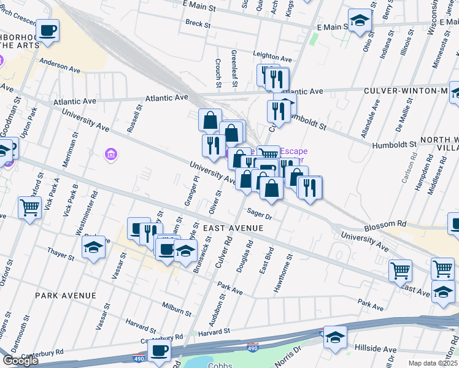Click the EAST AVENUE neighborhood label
tap(233, 228)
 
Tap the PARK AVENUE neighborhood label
tap(66, 296)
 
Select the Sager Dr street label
tap(259, 214)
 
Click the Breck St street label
tap(198, 24)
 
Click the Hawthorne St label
tap(287, 264)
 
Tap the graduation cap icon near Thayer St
tap(93, 247)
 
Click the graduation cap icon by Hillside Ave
tap(335, 337)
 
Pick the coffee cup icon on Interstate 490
tap(160, 350)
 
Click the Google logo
tap(20, 361)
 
